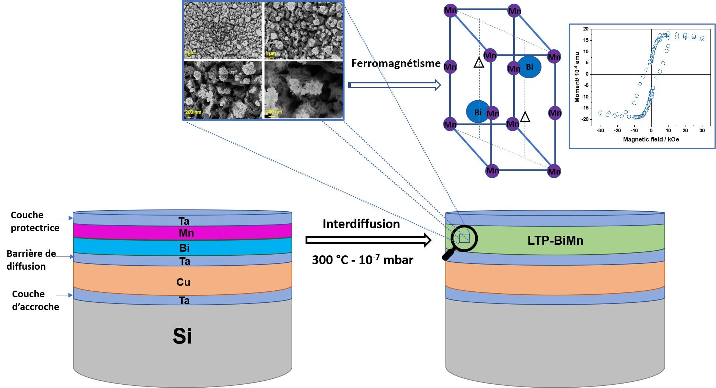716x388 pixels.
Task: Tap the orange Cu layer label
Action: [x=183, y=282]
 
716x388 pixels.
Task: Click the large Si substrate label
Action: [x=183, y=336]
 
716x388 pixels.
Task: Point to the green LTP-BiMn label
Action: [x=555, y=240]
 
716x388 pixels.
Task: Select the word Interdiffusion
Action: [x=361, y=224]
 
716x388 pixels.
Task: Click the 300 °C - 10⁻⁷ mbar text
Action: [x=363, y=260]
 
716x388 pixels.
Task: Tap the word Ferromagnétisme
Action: [x=396, y=64]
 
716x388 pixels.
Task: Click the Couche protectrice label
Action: [x=35, y=221]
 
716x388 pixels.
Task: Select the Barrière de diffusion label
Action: [x=31, y=260]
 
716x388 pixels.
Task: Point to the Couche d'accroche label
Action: [x=35, y=300]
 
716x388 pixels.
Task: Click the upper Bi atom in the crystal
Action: [x=529, y=67]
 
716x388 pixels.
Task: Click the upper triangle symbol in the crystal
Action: [x=479, y=63]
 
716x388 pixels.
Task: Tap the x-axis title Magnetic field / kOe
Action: [x=651, y=140]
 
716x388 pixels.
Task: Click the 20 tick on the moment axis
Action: [x=586, y=29]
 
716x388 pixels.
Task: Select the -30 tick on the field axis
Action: [x=600, y=130]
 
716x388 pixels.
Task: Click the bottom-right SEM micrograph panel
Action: [x=303, y=90]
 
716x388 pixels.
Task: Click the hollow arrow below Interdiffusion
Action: [x=368, y=240]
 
